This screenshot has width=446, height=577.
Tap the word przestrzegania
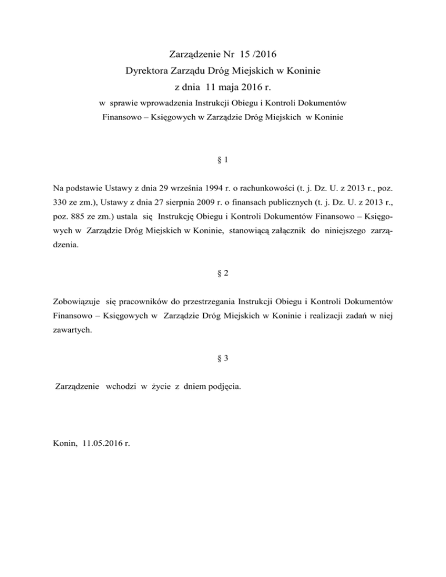(x=195, y=302)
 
